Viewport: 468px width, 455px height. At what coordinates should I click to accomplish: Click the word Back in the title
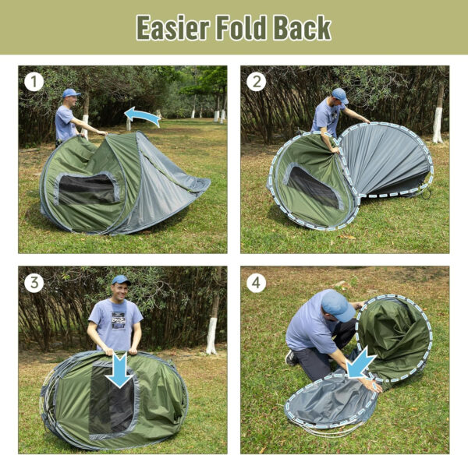click(x=302, y=28)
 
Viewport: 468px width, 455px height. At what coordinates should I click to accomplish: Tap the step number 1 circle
click(x=33, y=81)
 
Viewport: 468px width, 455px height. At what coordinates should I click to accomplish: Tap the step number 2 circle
click(x=255, y=81)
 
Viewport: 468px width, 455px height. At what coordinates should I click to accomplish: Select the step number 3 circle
click(x=34, y=282)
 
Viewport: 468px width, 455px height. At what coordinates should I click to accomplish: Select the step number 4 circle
click(x=256, y=282)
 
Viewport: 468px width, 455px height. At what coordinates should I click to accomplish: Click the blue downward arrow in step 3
click(x=119, y=369)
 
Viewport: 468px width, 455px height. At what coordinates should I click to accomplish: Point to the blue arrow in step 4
click(x=362, y=362)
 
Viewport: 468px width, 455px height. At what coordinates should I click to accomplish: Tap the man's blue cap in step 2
click(x=339, y=96)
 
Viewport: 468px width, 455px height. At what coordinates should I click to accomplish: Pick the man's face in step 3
click(x=119, y=291)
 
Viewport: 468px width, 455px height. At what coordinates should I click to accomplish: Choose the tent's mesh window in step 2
click(x=313, y=188)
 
